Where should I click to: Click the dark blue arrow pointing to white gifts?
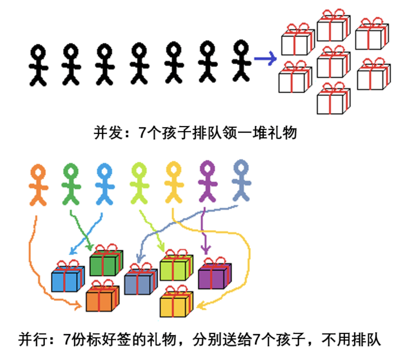266,59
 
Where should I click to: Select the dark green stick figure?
71,184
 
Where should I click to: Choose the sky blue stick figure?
105,184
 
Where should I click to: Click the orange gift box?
102,298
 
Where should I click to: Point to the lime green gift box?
176,268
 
